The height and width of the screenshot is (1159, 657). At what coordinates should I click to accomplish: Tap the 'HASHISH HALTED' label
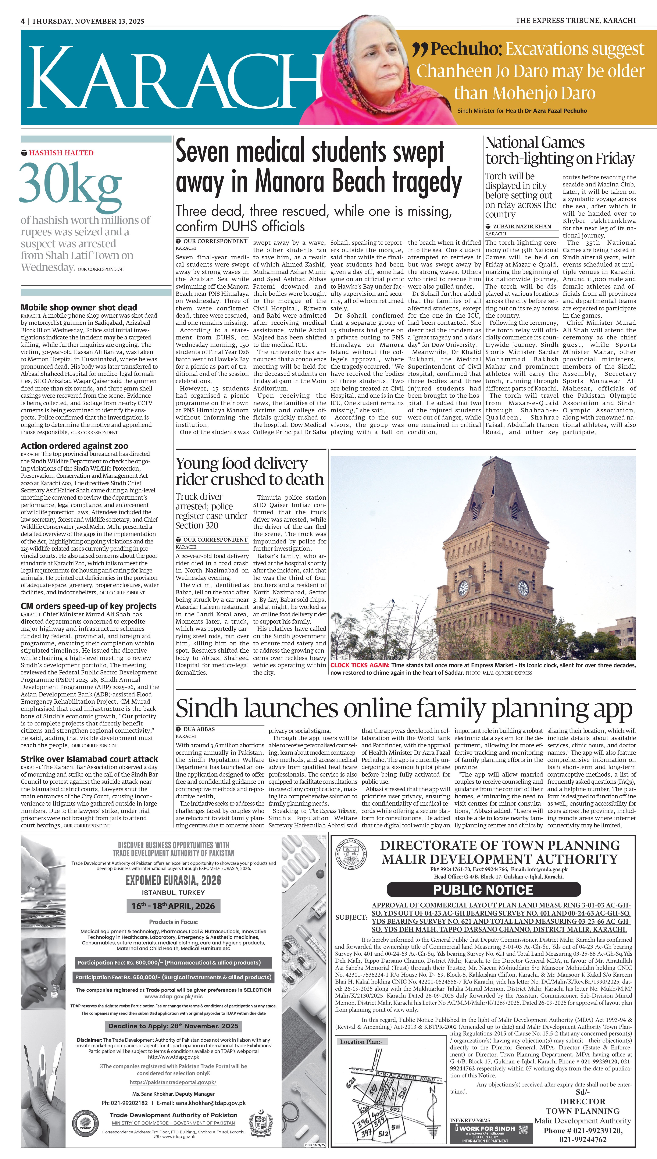61,153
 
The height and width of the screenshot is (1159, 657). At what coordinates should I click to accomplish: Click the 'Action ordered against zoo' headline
74,446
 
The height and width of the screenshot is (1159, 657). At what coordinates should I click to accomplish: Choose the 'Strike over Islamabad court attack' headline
89,759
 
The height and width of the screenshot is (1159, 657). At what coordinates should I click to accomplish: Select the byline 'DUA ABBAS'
199,729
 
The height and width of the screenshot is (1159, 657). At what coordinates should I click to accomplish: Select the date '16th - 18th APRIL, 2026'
173,906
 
